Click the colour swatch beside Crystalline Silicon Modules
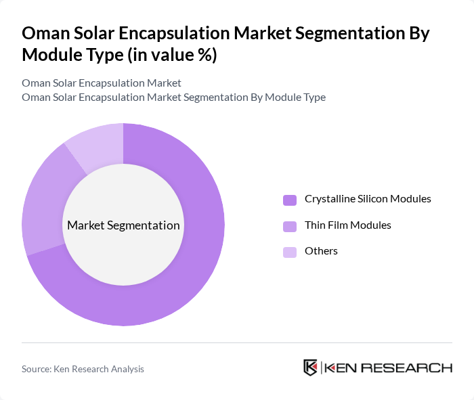[x=290, y=200]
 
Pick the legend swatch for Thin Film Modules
[x=290, y=225]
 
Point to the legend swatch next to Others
[x=290, y=252]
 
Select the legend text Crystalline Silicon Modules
[x=368, y=199]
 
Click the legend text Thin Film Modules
[x=347, y=225]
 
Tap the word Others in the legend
[x=321, y=251]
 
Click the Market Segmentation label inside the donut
[x=123, y=225]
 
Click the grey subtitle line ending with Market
[x=102, y=83]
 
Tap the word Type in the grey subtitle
[x=314, y=97]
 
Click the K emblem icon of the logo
[x=311, y=368]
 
